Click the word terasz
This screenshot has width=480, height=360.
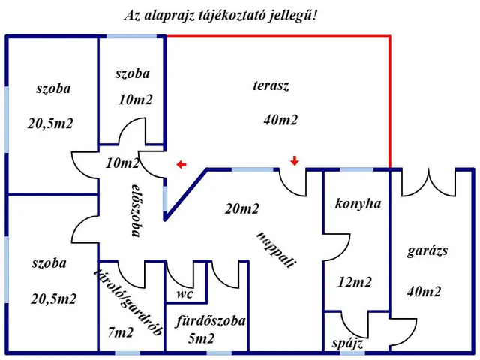[x=271, y=85]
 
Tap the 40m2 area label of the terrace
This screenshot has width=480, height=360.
[x=280, y=120]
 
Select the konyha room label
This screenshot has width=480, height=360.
[x=358, y=203]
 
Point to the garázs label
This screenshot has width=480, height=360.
[x=427, y=251]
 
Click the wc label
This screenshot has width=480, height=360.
[x=185, y=294]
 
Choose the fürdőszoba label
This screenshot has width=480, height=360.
[x=211, y=321]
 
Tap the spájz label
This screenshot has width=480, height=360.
[x=348, y=343]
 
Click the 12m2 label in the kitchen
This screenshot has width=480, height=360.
[x=355, y=282]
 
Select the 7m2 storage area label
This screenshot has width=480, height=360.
[x=121, y=332]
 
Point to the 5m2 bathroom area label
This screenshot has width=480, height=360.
[x=201, y=338]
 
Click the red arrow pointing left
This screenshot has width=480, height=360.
[x=181, y=165]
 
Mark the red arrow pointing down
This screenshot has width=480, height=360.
[x=295, y=160]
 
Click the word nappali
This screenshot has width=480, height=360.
[x=277, y=250]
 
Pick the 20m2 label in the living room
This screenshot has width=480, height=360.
[x=241, y=209]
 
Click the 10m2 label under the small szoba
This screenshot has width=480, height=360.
[x=135, y=100]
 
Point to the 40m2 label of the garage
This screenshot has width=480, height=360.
[x=424, y=292]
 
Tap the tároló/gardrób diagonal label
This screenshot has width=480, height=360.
[x=128, y=302]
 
